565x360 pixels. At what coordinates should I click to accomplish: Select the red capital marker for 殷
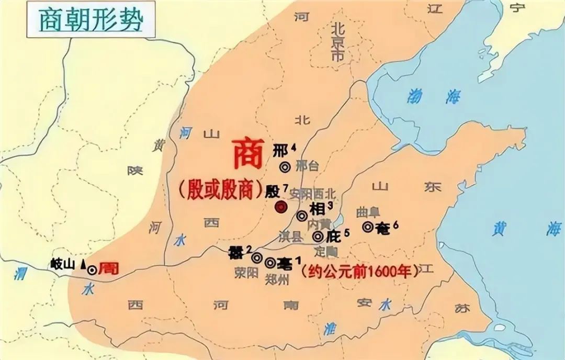(x=281, y=207)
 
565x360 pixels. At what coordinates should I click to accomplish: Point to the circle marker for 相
(x=302, y=216)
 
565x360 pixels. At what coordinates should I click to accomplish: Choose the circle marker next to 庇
(x=318, y=237)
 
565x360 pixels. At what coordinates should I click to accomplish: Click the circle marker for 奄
(x=368, y=227)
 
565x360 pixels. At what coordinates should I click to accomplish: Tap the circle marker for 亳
(x=270, y=262)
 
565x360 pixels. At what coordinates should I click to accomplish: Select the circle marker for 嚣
(x=257, y=257)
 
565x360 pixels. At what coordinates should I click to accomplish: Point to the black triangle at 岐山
(x=83, y=265)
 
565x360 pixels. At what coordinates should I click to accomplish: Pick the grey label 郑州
(x=277, y=279)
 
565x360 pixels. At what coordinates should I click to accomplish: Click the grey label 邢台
(x=307, y=166)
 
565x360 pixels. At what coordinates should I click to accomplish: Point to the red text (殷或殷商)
(x=220, y=189)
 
